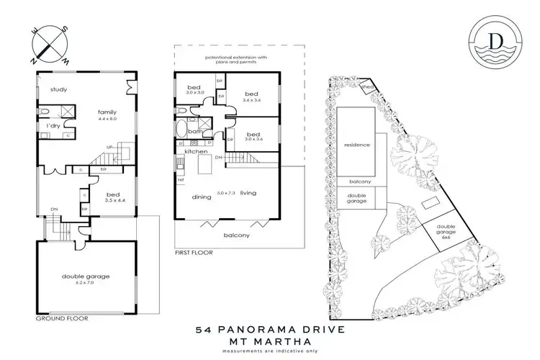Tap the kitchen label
(x=196, y=153)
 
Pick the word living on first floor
(x=249, y=192)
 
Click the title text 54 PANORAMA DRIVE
(x=270, y=330)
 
